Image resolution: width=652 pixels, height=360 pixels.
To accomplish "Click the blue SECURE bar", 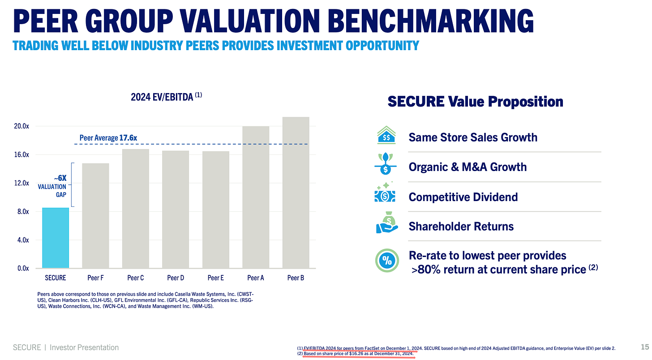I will pyautogui.click(x=56, y=238).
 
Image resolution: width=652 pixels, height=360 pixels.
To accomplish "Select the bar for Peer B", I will pyautogui.click(x=296, y=193).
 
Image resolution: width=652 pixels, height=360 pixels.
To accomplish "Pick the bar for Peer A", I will pyautogui.click(x=256, y=197).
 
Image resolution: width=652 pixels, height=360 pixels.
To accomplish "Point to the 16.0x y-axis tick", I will pyautogui.click(x=21, y=154).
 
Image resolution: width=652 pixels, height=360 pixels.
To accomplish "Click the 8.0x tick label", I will pyautogui.click(x=21, y=211).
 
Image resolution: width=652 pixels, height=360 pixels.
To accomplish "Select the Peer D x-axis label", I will pyautogui.click(x=176, y=278).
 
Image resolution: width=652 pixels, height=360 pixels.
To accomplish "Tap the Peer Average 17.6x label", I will pyautogui.click(x=108, y=138).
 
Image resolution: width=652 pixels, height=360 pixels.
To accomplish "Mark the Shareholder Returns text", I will pyautogui.click(x=461, y=227).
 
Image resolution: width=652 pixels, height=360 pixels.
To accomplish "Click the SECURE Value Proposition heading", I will pyautogui.click(x=475, y=102).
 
